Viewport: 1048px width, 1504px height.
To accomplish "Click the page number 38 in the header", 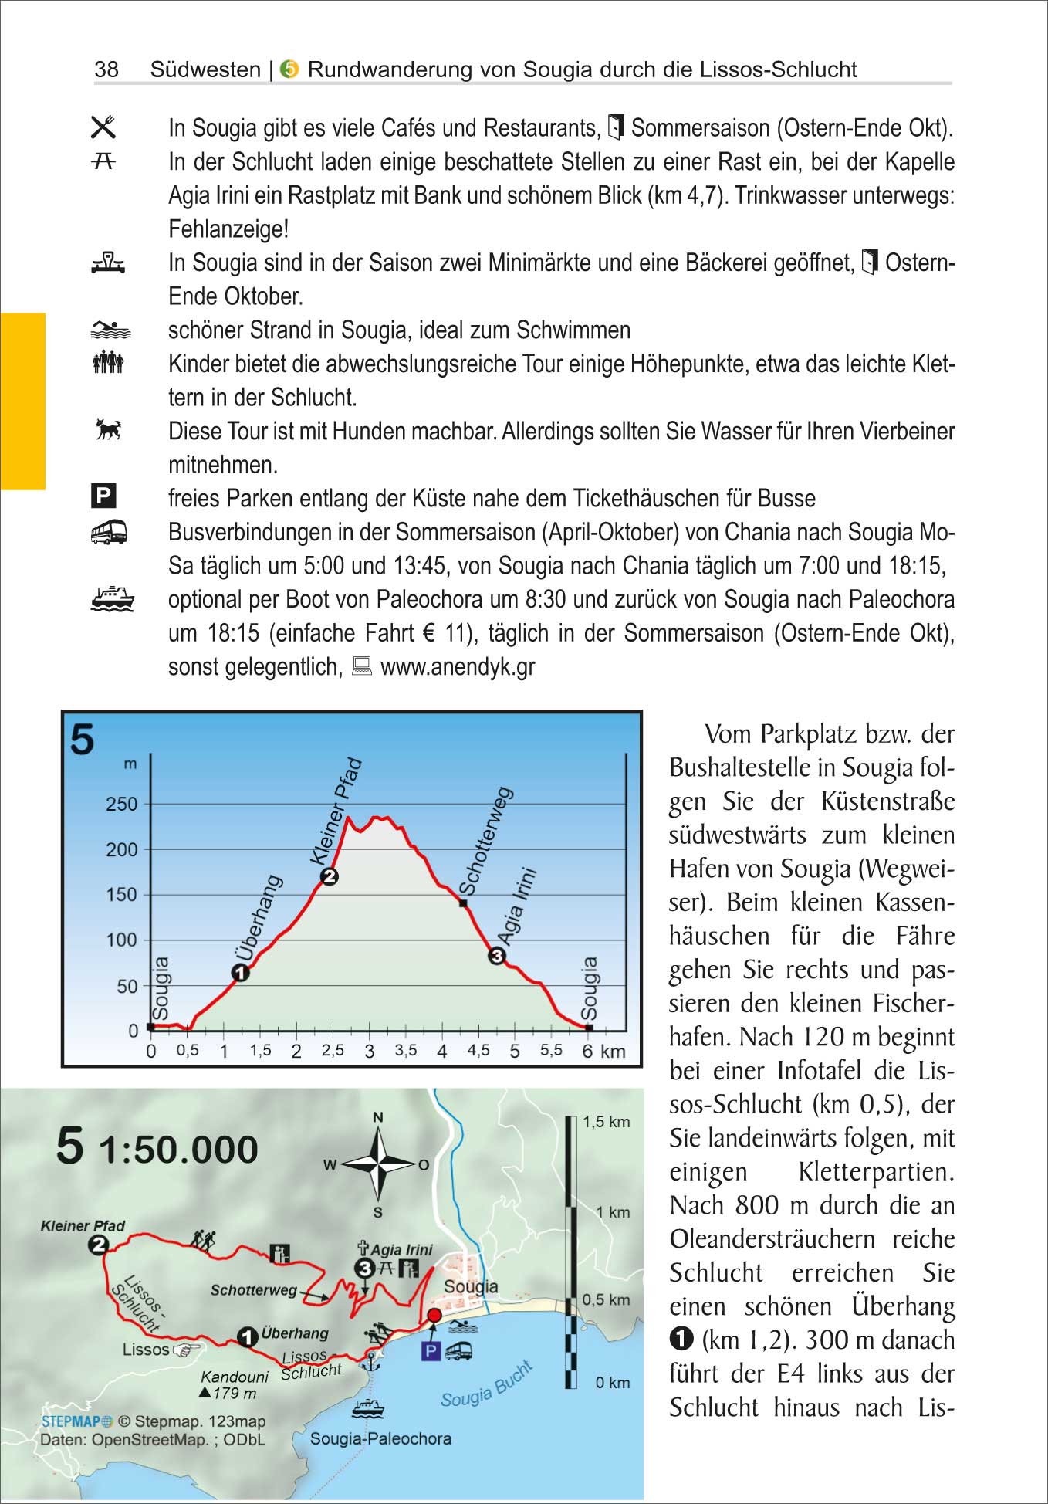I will [x=106, y=69].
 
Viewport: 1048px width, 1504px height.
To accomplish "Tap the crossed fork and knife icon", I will [x=103, y=127].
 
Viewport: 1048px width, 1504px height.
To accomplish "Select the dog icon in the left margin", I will [x=108, y=429].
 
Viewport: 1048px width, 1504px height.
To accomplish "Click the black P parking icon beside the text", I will [x=103, y=496].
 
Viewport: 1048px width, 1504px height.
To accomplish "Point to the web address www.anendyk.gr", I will [x=458, y=667].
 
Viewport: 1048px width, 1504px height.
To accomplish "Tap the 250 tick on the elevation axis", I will [x=121, y=805].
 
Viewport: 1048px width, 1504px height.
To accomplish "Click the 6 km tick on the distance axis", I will [x=588, y=1052].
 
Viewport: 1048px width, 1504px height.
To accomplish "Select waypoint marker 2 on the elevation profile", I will [x=330, y=876].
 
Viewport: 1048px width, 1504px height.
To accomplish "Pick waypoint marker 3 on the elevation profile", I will [x=497, y=956].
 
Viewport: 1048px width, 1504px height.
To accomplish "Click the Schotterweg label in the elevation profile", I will [x=485, y=842].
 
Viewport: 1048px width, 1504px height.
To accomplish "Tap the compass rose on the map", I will [x=378, y=1164].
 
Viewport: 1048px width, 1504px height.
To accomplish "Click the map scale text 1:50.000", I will [x=178, y=1150].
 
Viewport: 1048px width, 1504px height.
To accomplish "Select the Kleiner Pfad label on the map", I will [x=83, y=1226].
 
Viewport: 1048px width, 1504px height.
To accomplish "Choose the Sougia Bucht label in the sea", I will [x=486, y=1384].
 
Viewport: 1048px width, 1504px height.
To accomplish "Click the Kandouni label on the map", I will [x=235, y=1377].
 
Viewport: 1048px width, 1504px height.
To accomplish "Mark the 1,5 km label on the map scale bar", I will [x=606, y=1122].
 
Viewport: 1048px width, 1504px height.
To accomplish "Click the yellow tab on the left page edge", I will [x=23, y=401].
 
